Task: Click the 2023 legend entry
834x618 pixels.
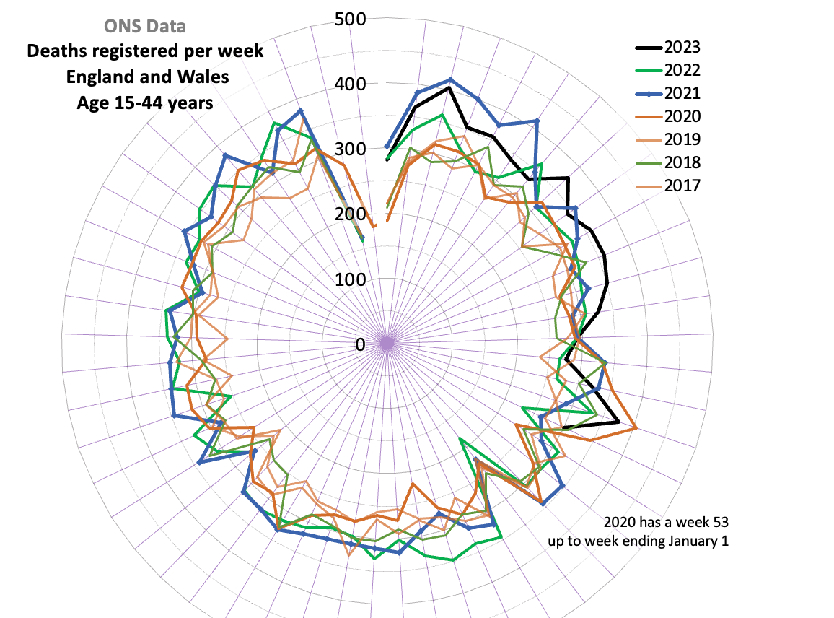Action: [682, 48]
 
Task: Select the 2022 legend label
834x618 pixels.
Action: [682, 71]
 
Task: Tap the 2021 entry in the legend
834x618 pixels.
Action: [682, 94]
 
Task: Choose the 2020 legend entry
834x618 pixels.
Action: [682, 117]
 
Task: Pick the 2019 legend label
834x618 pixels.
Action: [682, 139]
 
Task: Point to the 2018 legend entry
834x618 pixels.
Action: [682, 162]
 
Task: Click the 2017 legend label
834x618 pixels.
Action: [682, 186]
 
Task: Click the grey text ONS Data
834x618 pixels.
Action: [145, 27]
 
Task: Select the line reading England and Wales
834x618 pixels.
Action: [145, 77]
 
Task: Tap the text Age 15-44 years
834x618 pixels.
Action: [145, 103]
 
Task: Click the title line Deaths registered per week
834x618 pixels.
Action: [145, 52]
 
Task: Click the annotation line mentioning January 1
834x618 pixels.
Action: [638, 541]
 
